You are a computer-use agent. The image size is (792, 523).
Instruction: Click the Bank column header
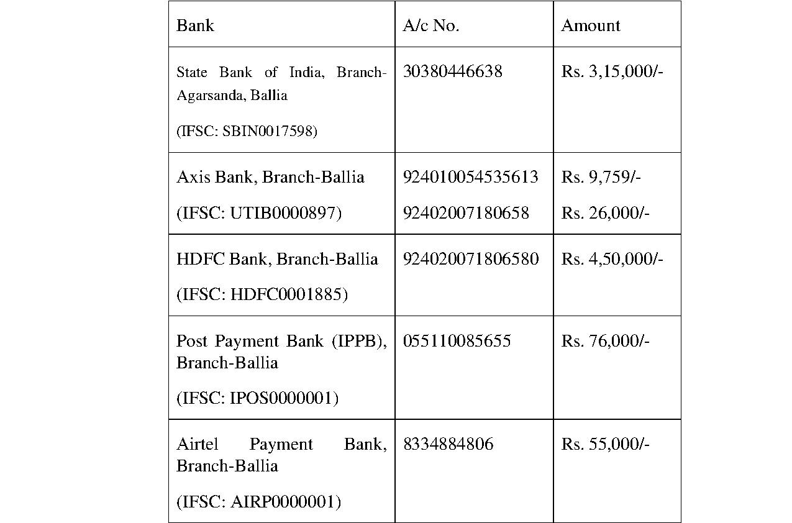click(195, 25)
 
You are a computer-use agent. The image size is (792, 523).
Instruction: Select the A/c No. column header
click(430, 25)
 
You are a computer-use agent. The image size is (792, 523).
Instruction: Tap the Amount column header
click(590, 25)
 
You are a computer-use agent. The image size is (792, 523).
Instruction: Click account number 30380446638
click(452, 72)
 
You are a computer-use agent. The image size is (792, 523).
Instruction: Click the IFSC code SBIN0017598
click(270, 132)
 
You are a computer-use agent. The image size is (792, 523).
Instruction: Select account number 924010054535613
click(470, 177)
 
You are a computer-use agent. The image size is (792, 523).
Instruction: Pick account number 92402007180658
click(466, 213)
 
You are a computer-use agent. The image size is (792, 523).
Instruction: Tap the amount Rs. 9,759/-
click(601, 177)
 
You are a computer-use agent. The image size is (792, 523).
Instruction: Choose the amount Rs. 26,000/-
click(605, 213)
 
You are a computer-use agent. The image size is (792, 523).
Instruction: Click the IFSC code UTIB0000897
click(286, 213)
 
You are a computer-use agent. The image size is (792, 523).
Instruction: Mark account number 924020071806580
click(470, 259)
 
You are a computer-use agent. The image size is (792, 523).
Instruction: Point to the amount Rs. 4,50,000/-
click(612, 259)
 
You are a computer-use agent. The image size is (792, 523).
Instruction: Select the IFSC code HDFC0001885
click(289, 294)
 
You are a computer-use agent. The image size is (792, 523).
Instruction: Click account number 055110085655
click(457, 341)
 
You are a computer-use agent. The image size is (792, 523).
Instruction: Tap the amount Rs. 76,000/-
click(605, 341)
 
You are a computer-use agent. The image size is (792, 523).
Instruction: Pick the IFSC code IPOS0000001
click(284, 398)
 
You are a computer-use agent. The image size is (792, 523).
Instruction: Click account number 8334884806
click(448, 444)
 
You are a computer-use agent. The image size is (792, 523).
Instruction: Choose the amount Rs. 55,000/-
click(605, 444)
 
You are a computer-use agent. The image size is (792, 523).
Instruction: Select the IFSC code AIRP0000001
click(285, 502)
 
